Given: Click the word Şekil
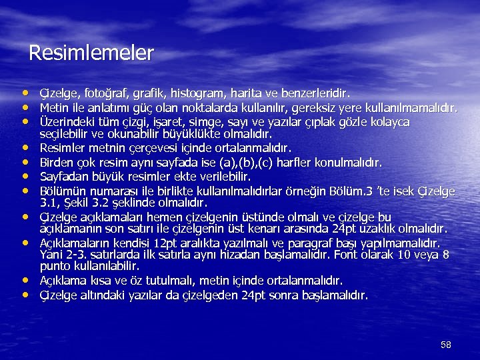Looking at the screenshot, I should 78,202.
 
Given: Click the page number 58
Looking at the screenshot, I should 446,345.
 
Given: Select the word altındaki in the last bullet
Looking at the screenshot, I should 100,295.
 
